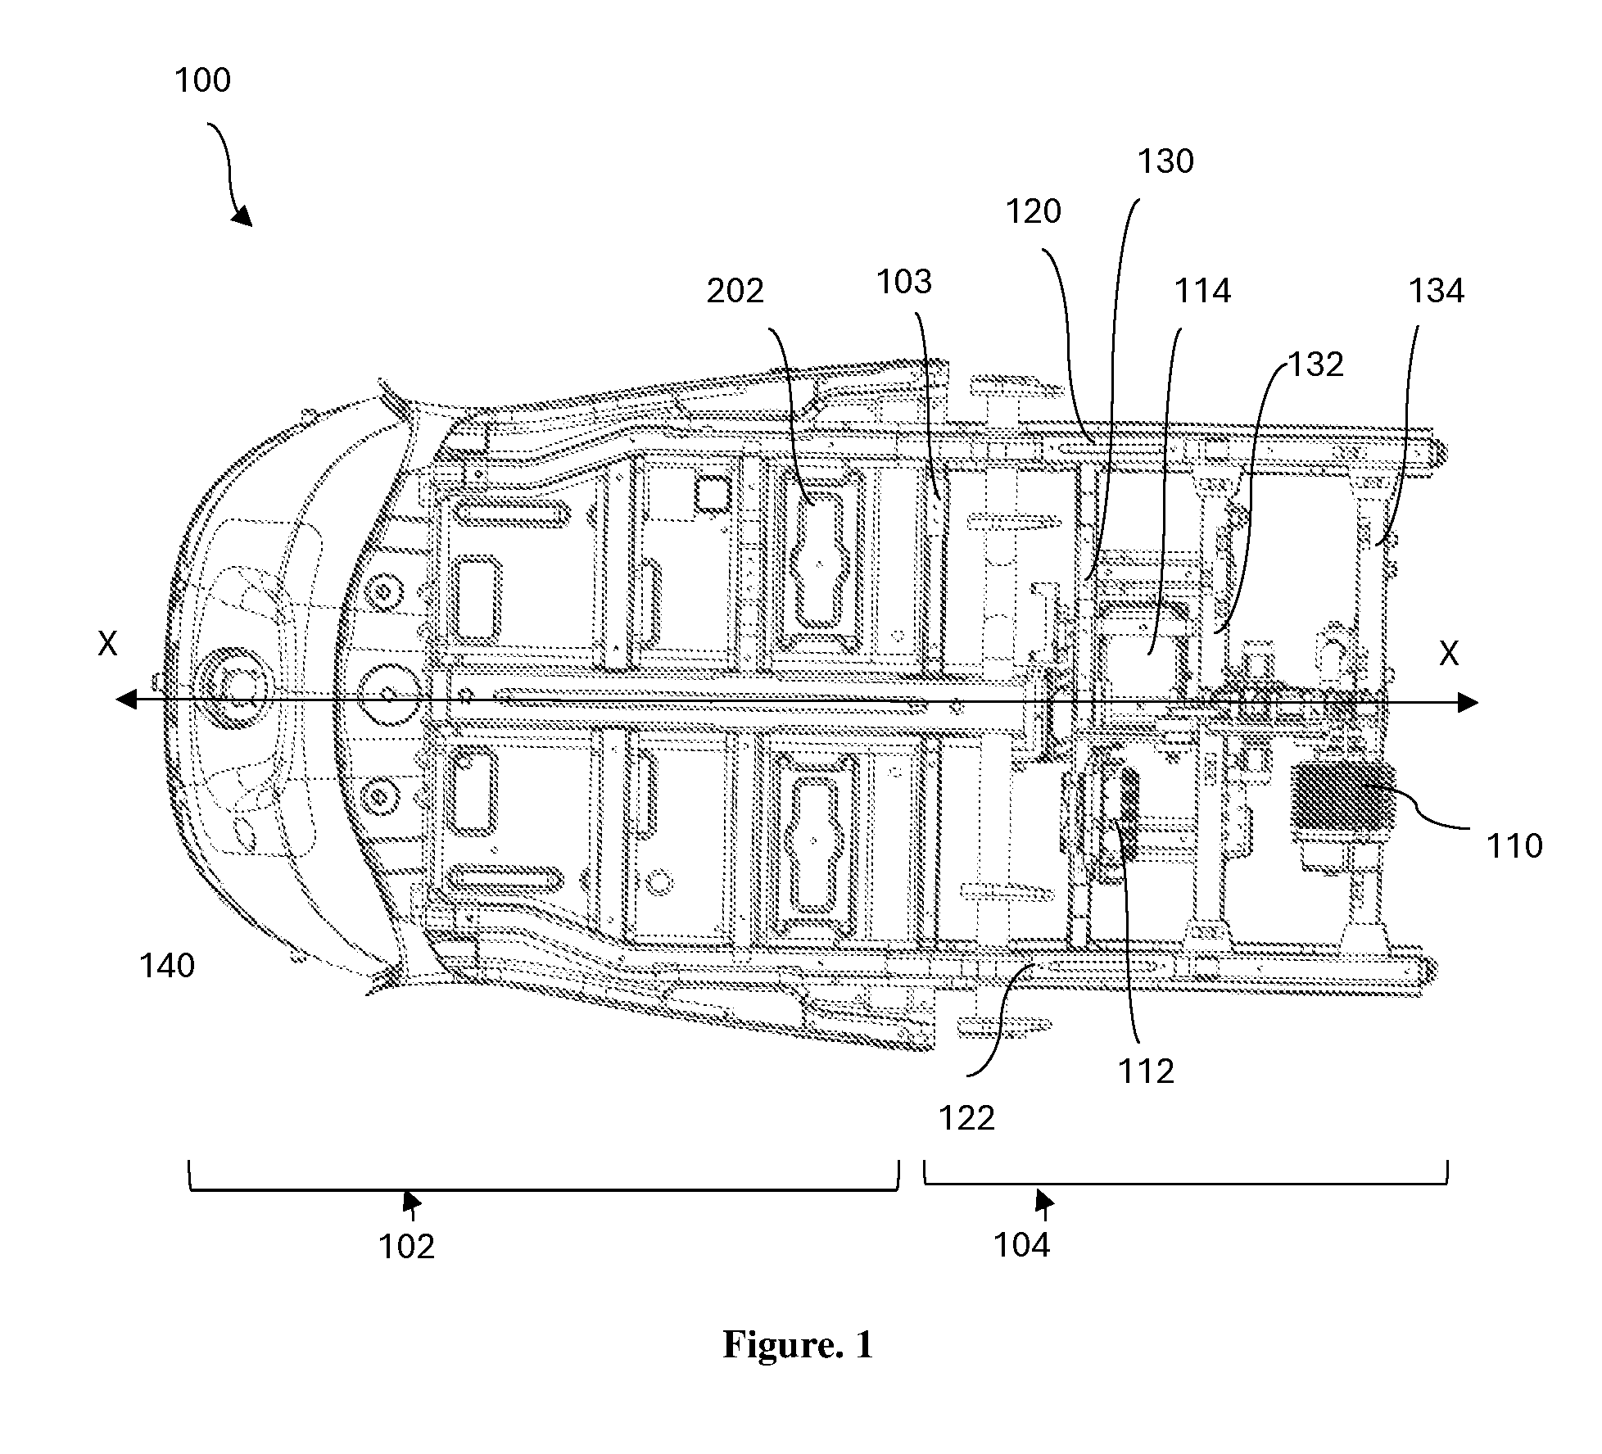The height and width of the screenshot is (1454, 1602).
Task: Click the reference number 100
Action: [203, 80]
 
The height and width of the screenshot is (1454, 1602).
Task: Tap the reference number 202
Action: [735, 291]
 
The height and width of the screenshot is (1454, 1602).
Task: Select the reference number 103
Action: [905, 282]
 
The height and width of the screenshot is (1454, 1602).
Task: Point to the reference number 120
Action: [1034, 212]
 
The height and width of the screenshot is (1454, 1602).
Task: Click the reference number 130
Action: [1166, 162]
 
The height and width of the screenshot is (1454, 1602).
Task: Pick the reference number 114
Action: [1203, 291]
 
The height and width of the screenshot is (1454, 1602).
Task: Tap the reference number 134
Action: [1437, 291]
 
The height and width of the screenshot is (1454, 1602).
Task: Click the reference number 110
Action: [1514, 845]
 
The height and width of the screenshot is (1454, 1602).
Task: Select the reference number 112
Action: [1147, 1071]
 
